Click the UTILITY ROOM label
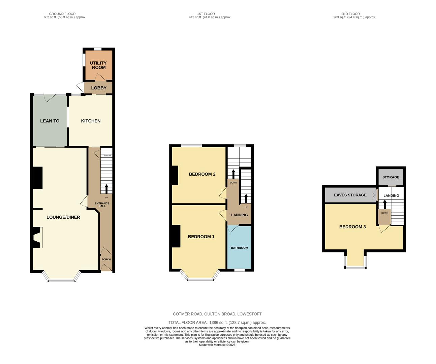(99, 65)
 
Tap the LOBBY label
(99, 88)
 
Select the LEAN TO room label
(50, 121)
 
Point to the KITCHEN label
(91, 121)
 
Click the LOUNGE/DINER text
(63, 217)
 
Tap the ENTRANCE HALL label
(102, 205)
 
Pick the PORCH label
(106, 260)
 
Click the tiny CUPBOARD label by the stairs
(107, 156)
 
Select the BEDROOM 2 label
(202, 174)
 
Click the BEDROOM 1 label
(201, 237)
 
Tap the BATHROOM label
(240, 248)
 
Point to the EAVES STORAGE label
(350, 195)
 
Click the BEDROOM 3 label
(352, 227)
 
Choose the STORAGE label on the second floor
(391, 177)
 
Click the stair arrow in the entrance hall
(106, 189)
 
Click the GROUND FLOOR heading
(62, 14)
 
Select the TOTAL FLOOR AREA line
(217, 323)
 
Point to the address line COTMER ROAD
(217, 314)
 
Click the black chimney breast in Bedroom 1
(176, 236)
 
